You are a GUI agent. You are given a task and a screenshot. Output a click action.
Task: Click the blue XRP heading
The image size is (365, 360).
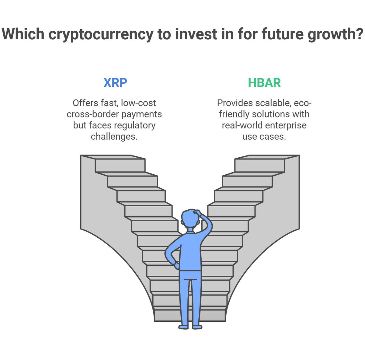[x=115, y=83]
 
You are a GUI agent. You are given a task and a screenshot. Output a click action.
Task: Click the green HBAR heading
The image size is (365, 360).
[x=264, y=83]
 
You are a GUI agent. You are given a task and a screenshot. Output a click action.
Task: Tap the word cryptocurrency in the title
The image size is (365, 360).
[x=101, y=34]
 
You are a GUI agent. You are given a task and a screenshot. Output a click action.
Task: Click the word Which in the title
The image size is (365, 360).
[x=23, y=33]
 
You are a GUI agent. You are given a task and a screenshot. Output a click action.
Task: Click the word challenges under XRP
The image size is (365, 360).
[x=114, y=137]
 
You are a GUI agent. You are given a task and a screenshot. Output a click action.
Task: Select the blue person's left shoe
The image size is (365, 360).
[x=183, y=327]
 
